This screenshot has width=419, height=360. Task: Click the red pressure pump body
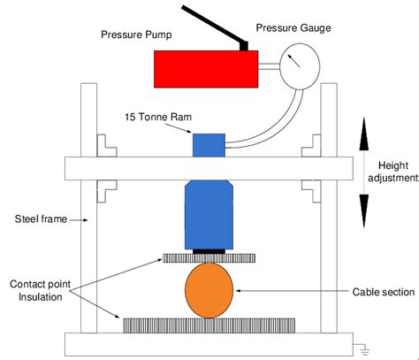tap(206, 69)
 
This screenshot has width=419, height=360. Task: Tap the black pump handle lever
tap(214, 26)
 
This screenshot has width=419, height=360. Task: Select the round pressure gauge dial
tap(300, 66)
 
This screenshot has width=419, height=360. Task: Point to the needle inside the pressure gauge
tap(294, 61)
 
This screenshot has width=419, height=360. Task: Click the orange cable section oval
tap(209, 290)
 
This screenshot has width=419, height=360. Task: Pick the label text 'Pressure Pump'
tap(136, 34)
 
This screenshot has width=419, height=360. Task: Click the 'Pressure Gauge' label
tap(293, 28)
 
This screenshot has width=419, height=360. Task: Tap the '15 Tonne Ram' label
tap(158, 117)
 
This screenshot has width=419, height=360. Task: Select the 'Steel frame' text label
tap(41, 219)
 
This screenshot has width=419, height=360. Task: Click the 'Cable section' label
tap(384, 292)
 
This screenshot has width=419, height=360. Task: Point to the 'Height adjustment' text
tap(393, 172)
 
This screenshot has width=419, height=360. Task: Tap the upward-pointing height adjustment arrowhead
tap(364, 134)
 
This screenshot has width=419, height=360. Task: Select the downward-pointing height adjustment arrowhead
tap(364, 211)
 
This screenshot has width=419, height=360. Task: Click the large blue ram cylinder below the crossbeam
tap(209, 215)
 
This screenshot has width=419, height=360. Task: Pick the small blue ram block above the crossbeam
tap(209, 145)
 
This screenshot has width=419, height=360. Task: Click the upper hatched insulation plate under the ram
tap(209, 258)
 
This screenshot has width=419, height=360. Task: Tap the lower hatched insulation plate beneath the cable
tap(209, 326)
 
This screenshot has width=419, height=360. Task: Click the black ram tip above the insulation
tap(209, 251)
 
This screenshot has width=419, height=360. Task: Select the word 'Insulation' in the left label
tap(41, 297)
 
